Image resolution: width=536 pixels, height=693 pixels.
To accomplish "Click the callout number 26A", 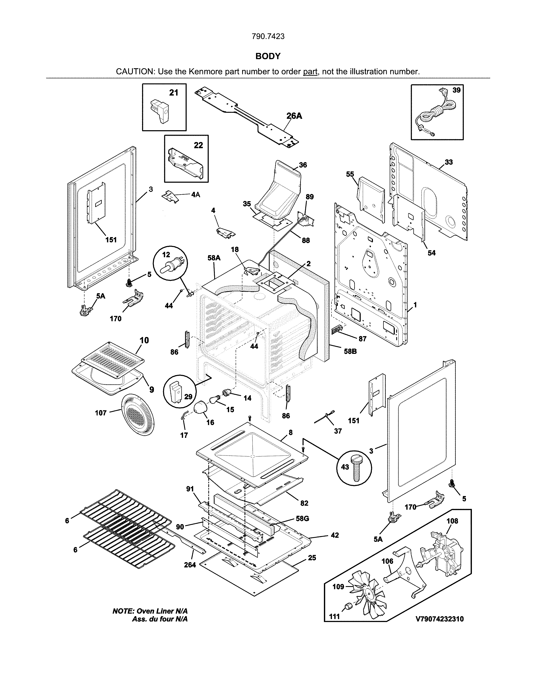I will (x=294, y=116).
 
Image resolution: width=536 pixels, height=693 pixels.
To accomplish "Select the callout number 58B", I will (x=350, y=352).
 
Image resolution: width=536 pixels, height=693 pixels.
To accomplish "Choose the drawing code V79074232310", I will (x=440, y=619).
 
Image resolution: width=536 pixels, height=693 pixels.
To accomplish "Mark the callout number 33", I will (x=448, y=162).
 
